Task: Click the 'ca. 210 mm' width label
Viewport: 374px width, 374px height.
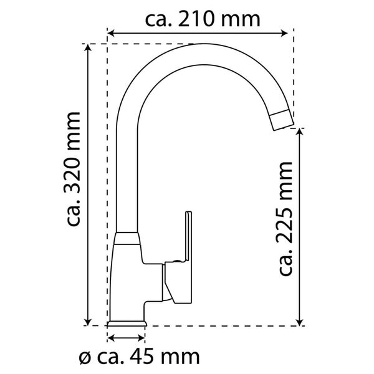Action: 202,19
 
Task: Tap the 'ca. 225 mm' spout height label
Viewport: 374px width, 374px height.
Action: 285,218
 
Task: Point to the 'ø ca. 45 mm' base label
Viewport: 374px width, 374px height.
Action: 140,357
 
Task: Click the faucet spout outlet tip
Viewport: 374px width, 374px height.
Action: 282,118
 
